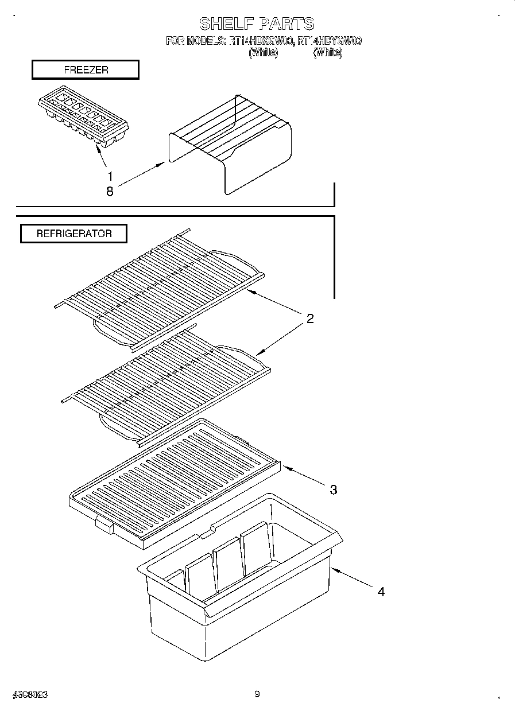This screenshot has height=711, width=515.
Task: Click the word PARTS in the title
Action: pyautogui.click(x=286, y=24)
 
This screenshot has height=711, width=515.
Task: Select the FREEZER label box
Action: pyautogui.click(x=85, y=70)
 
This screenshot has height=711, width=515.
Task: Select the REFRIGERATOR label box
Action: pyautogui.click(x=74, y=234)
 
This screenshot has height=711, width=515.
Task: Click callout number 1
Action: pyautogui.click(x=110, y=176)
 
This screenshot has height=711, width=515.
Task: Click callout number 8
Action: pyautogui.click(x=110, y=192)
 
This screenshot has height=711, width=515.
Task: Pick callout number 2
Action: pyautogui.click(x=309, y=319)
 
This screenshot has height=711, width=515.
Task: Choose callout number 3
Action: pyautogui.click(x=333, y=489)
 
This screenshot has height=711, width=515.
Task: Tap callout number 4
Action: pyautogui.click(x=381, y=592)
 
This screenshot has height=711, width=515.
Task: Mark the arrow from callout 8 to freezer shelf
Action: pyautogui.click(x=141, y=175)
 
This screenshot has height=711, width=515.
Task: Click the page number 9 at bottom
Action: pyautogui.click(x=257, y=694)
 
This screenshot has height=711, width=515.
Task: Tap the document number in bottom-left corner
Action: pyautogui.click(x=28, y=694)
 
